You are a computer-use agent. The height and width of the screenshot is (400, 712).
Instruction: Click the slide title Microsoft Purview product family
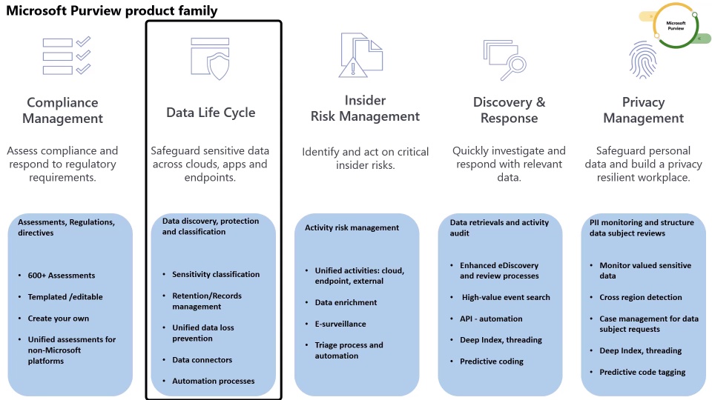tap(112, 10)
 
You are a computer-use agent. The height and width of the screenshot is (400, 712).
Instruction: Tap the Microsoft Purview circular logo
tap(675, 27)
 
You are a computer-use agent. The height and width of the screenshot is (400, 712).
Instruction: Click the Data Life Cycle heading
tap(211, 113)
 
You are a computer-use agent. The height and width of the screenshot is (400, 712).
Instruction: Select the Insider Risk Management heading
tap(365, 109)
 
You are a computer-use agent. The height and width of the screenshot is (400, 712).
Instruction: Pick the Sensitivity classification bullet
tap(216, 274)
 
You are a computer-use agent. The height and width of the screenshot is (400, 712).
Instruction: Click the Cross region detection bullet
tap(641, 297)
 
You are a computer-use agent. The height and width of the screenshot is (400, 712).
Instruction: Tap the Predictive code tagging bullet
tap(642, 372)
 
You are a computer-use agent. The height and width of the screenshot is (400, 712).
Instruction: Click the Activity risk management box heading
tap(352, 228)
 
